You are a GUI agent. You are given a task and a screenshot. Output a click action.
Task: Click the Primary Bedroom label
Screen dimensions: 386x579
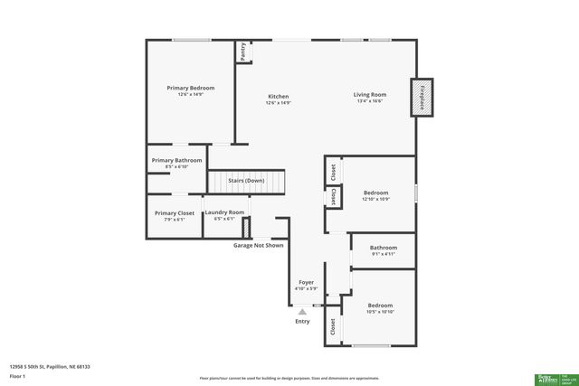tap(190, 88)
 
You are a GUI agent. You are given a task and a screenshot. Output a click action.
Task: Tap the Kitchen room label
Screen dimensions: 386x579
tap(278, 97)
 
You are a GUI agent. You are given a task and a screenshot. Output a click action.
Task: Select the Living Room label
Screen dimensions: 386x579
tap(369, 95)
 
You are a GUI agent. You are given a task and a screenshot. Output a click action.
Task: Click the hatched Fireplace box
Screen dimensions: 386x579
tap(422, 97)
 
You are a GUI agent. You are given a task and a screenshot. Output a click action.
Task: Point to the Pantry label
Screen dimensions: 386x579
tap(243, 52)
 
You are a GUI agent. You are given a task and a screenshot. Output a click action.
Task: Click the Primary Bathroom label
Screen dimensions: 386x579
tap(176, 160)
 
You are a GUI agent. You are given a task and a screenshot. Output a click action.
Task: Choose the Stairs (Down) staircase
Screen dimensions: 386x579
tap(246, 180)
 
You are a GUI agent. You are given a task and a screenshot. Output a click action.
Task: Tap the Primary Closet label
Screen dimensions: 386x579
tap(175, 213)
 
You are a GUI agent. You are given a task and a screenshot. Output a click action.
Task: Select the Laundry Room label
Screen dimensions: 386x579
tap(224, 212)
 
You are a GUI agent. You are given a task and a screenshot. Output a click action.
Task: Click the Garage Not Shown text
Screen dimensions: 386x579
tap(258, 245)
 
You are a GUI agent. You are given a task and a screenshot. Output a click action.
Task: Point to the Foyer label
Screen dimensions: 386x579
tap(307, 283)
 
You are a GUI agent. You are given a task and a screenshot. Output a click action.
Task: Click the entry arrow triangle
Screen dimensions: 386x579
tap(302, 310)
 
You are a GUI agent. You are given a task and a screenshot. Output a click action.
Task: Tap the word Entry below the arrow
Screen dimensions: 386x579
tap(302, 322)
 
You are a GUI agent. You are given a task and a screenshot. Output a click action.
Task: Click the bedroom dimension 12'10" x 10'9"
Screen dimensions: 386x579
tap(375, 199)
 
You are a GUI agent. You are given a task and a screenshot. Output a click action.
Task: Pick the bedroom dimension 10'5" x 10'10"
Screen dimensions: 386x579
tap(380, 312)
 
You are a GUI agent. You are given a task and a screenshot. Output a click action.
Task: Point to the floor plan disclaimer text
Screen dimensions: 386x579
tap(289, 377)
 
